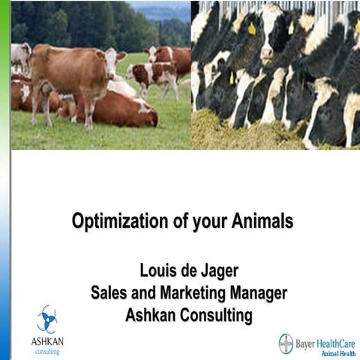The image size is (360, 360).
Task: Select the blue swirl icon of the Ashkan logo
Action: click(46, 318)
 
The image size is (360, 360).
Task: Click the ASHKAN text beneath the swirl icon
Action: click(46, 341)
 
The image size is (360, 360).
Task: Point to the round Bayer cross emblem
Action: click(286, 343)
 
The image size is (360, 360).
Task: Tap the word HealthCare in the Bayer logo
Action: click(336, 340)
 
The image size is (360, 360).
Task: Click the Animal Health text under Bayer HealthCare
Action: click(337, 352)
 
